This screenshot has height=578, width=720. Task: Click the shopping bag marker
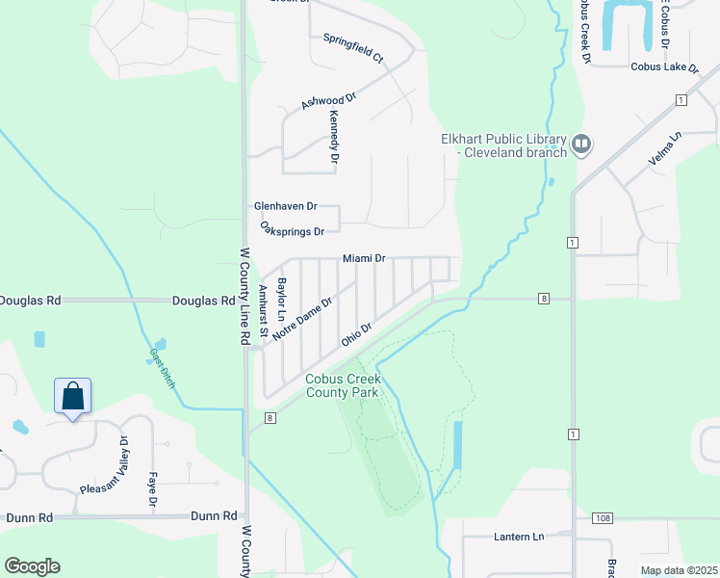click(x=72, y=396)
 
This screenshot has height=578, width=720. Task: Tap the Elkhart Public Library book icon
click(x=581, y=144)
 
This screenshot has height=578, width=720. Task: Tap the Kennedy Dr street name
click(x=335, y=136)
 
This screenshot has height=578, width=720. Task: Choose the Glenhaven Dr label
click(x=285, y=206)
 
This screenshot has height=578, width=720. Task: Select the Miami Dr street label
click(x=365, y=258)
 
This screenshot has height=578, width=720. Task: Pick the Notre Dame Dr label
click(x=302, y=317)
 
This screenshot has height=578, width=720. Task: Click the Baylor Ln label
click(x=281, y=300)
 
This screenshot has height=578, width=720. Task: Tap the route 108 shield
click(x=603, y=518)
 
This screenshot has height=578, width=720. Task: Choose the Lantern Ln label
click(x=519, y=536)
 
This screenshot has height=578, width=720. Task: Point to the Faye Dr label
click(x=152, y=489)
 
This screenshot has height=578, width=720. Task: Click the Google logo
click(x=32, y=566)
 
